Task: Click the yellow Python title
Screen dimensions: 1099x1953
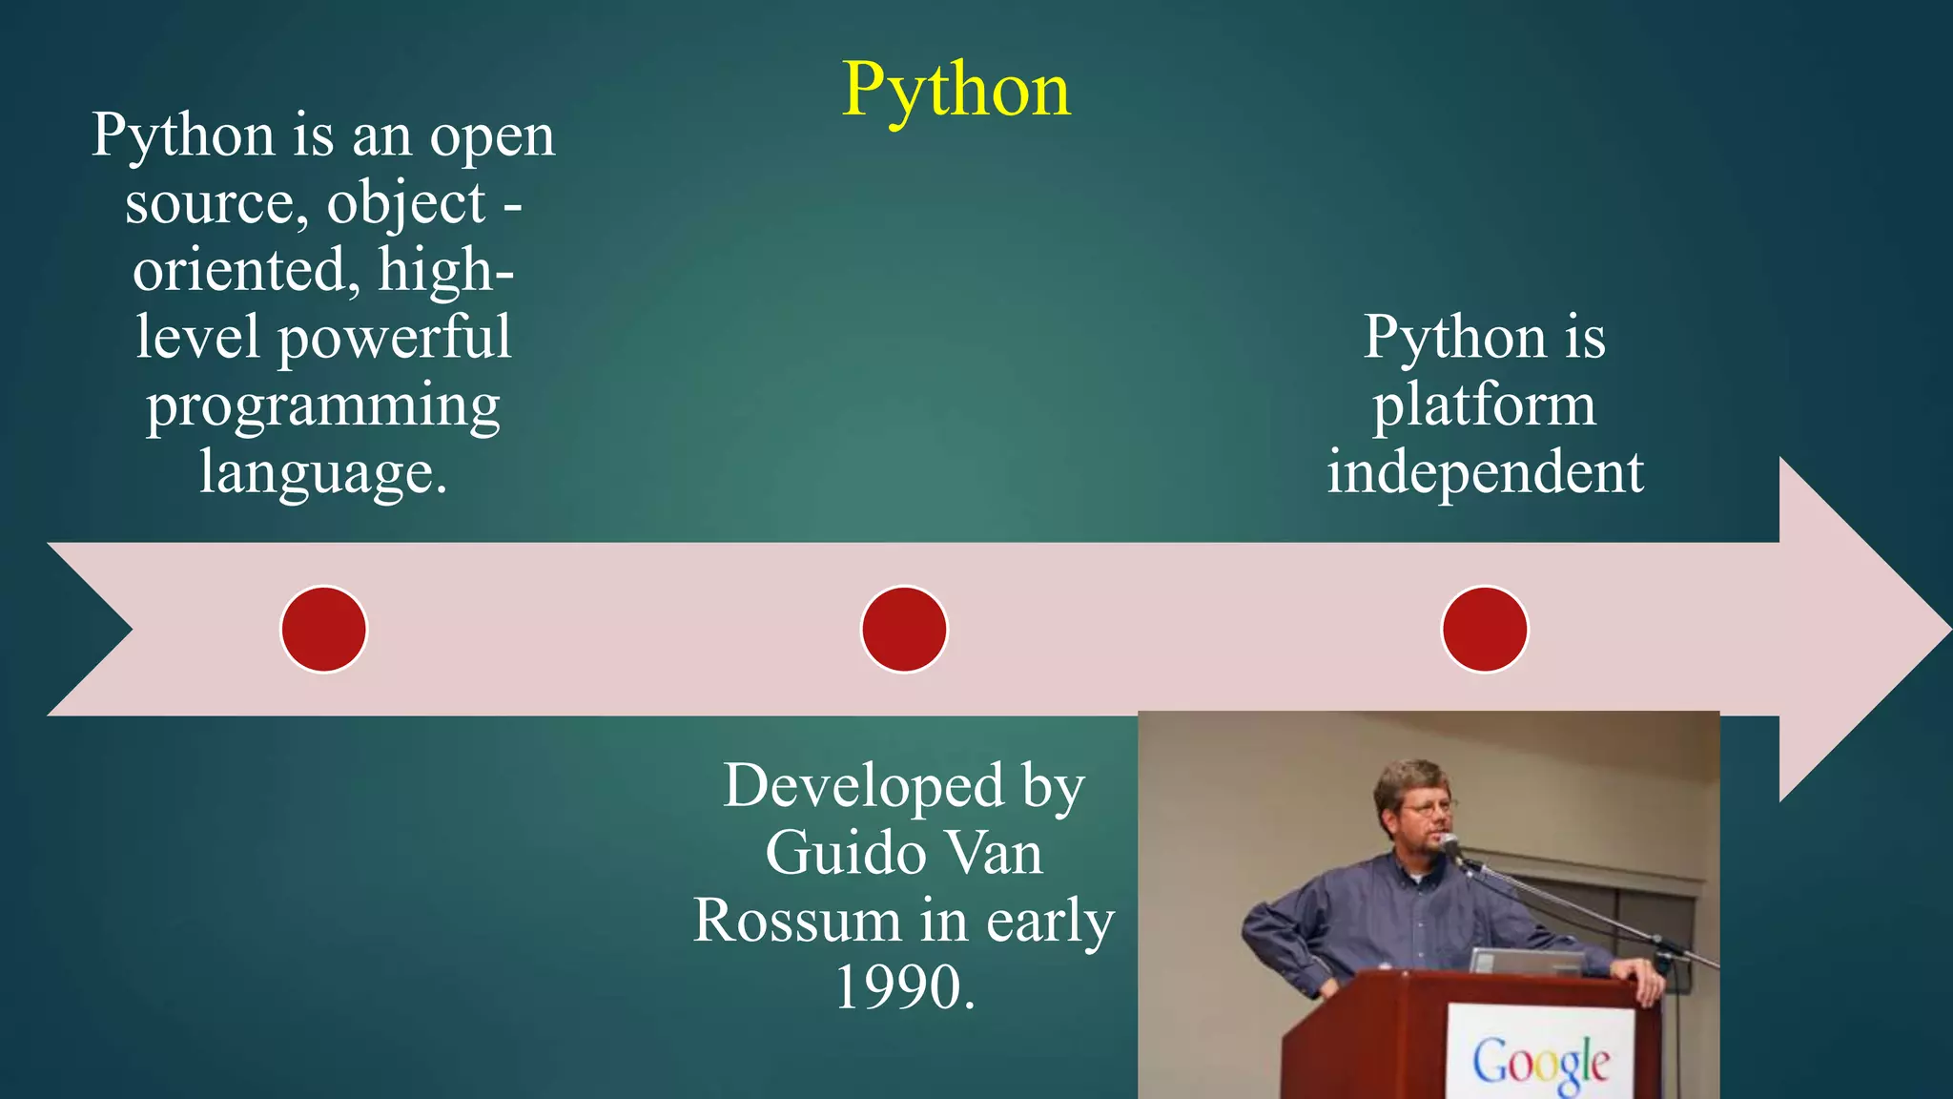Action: tap(956, 91)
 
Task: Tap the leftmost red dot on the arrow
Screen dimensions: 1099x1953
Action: tap(324, 630)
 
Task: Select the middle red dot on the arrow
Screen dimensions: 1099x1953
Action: tap(904, 630)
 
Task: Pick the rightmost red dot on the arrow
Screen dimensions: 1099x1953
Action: tap(1485, 630)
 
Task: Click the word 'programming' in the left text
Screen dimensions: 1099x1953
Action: tap(323, 405)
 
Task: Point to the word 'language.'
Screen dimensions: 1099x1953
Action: tap(323, 472)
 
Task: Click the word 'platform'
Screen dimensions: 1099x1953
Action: tap(1484, 405)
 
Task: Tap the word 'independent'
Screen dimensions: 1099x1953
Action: tap(1485, 472)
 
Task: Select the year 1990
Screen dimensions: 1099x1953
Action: tap(904, 987)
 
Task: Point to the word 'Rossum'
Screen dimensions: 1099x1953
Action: tap(796, 921)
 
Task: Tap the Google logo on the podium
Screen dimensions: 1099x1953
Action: tap(1541, 1061)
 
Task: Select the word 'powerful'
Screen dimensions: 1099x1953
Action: tap(394, 338)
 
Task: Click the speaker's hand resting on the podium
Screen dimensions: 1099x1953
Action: tap(1642, 975)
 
